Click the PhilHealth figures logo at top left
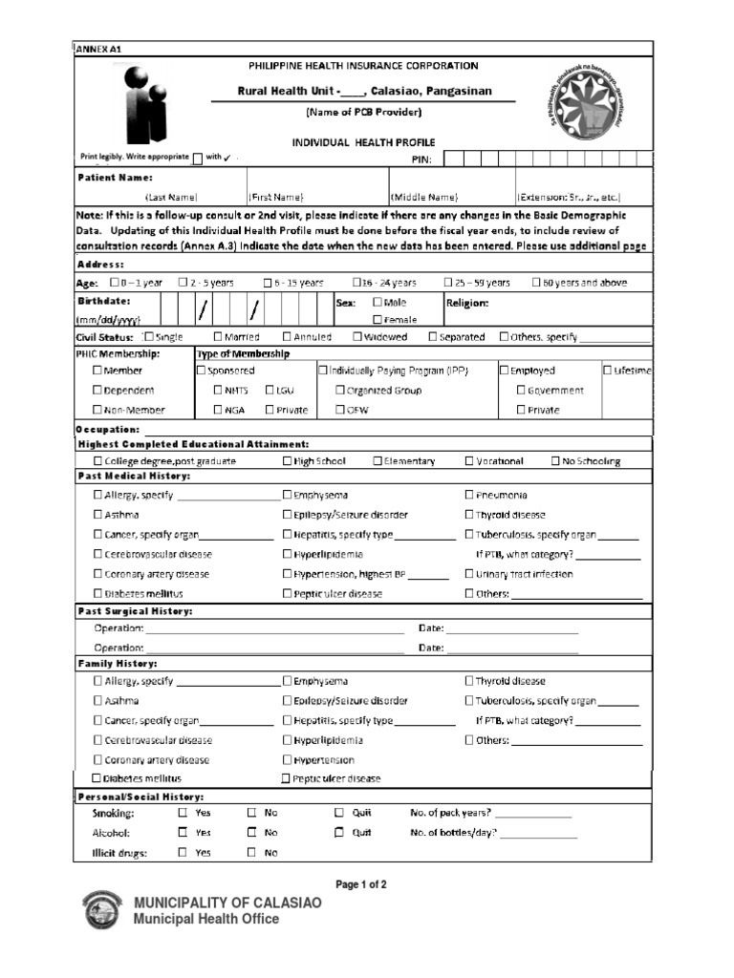click(139, 103)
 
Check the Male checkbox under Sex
click(378, 303)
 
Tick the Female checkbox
click(378, 320)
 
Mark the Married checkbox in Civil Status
click(218, 337)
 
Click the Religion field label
click(467, 303)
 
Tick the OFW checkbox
click(340, 410)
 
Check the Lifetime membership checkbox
click(608, 371)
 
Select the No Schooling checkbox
click(556, 461)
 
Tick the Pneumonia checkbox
click(469, 495)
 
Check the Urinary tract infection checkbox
click(469, 574)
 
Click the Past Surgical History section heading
click(135, 610)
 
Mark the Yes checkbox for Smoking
click(183, 813)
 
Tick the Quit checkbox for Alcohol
click(338, 833)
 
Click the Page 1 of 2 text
click(360, 884)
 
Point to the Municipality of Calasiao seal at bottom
click(102, 910)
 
